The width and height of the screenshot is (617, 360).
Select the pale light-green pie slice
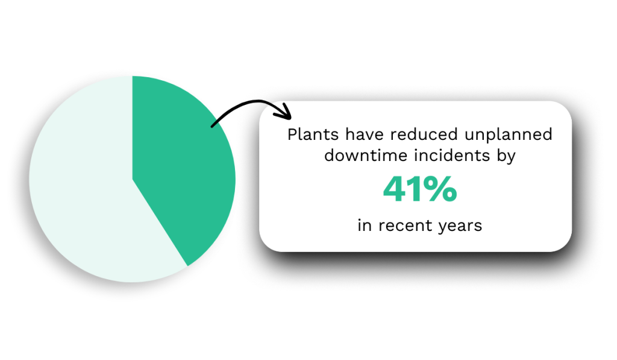point(84,193)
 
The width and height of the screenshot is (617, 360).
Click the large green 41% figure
point(420,191)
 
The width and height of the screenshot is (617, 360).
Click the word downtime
point(360,156)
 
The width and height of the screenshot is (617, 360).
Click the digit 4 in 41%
point(396,191)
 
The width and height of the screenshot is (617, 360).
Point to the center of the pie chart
point(133,179)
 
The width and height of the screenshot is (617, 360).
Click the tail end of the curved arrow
point(212,126)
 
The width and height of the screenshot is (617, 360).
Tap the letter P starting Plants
point(292,134)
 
